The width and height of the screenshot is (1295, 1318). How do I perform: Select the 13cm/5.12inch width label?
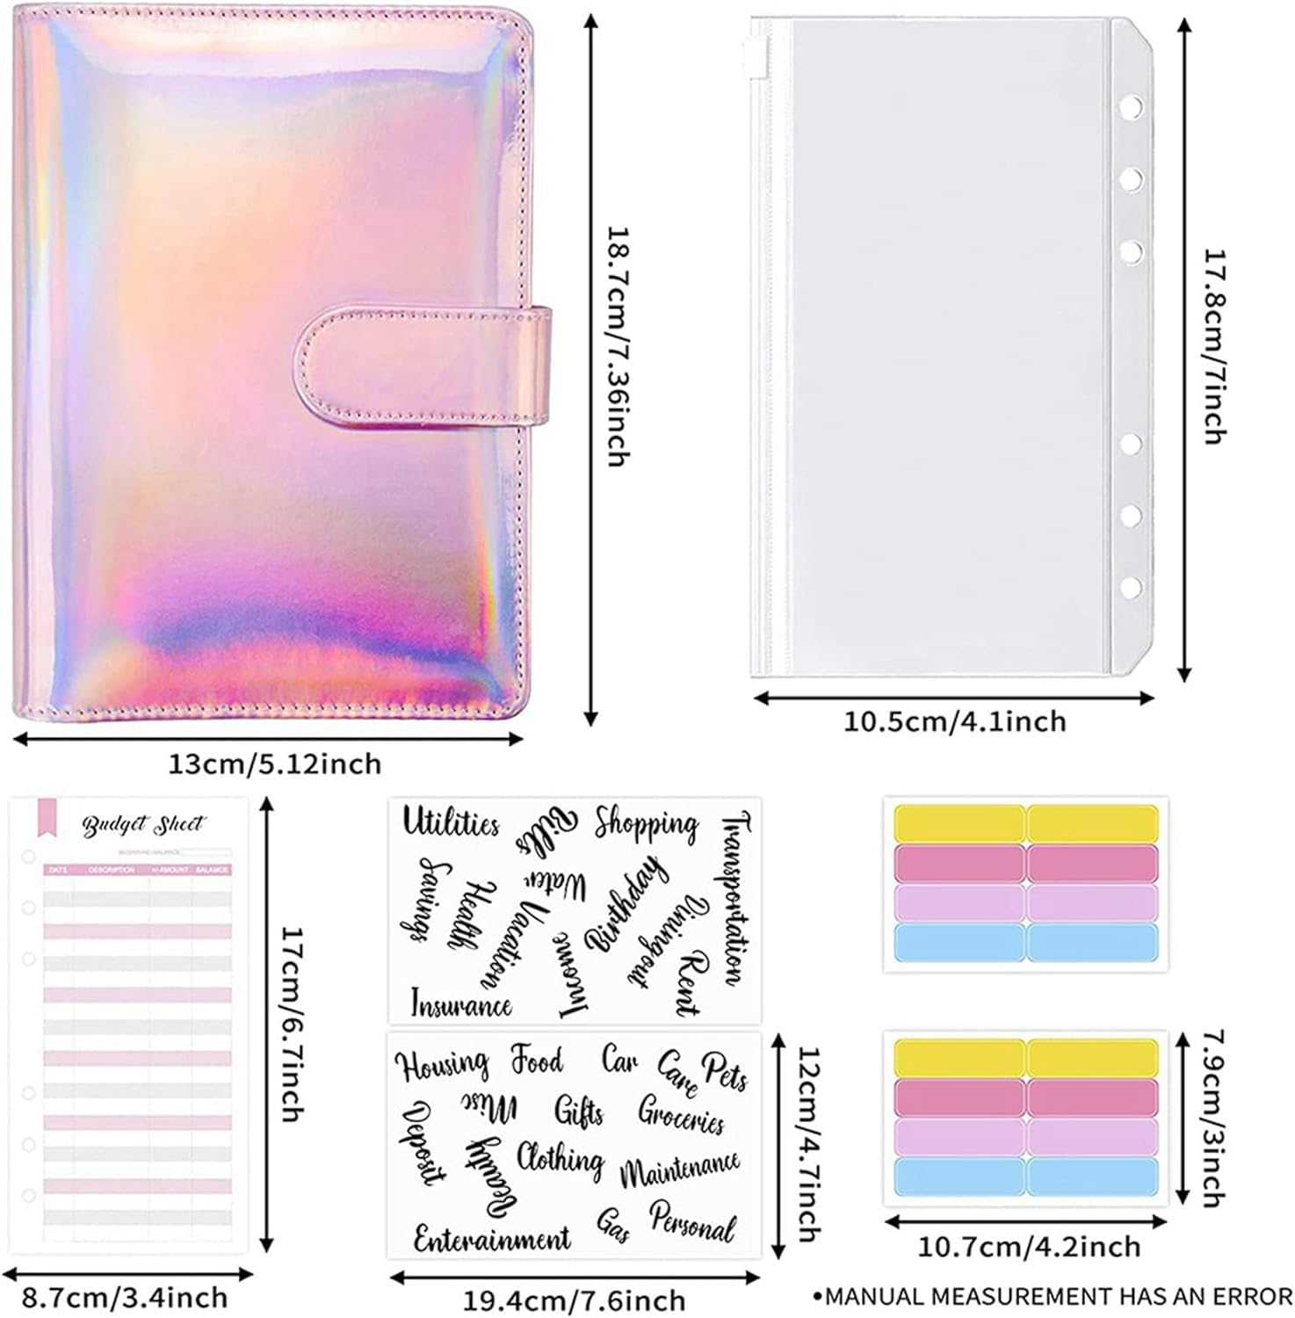pyautogui.click(x=275, y=764)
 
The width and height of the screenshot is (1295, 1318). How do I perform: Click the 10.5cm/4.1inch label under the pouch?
pyautogui.click(x=955, y=721)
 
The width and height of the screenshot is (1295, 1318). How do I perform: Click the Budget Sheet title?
pyautogui.click(x=142, y=825)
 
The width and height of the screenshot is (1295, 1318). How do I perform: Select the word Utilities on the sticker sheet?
pyautogui.click(x=451, y=823)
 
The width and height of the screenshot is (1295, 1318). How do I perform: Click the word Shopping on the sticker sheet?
pyautogui.click(x=646, y=824)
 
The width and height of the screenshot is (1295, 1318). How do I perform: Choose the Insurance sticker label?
pyautogui.click(x=461, y=1004)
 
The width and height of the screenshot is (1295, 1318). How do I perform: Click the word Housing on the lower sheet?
pyautogui.click(x=442, y=1065)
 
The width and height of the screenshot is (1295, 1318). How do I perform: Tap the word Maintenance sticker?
pyautogui.click(x=680, y=1170)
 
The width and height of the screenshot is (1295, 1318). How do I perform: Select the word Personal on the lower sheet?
pyautogui.click(x=692, y=1222)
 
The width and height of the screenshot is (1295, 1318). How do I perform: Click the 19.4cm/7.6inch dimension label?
pyautogui.click(x=574, y=1300)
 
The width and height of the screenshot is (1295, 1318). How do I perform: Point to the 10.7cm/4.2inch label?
pyautogui.click(x=1029, y=1246)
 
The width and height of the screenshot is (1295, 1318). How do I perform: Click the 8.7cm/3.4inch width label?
pyautogui.click(x=125, y=1298)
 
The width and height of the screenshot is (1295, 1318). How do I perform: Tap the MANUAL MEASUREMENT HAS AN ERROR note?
pyautogui.click(x=1052, y=1296)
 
